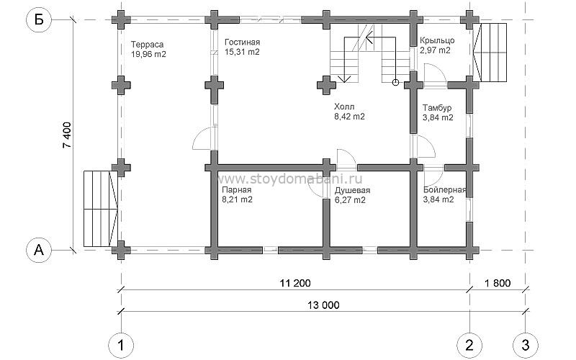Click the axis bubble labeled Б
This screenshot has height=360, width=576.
[x=39, y=19]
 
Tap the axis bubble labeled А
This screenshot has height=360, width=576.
[x=39, y=250]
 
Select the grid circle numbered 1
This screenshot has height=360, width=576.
[x=121, y=346]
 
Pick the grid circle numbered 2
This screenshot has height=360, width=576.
[x=469, y=346]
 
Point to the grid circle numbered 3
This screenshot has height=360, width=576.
[x=526, y=346]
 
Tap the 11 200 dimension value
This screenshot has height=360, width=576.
[x=295, y=283]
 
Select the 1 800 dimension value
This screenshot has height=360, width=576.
[x=498, y=283]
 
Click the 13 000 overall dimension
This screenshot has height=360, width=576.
[x=324, y=305]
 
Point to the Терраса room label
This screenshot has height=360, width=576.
[x=148, y=45]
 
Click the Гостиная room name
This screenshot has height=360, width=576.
[x=243, y=42]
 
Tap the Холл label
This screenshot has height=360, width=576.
[x=344, y=107]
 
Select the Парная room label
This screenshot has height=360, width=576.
[x=237, y=190]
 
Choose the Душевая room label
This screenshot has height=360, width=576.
[x=352, y=190]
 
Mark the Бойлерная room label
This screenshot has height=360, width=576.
[x=444, y=190]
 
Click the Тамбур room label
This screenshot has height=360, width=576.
[x=437, y=108]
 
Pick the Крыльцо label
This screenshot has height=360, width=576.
[x=437, y=40]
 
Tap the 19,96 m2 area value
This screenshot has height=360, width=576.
[x=148, y=55]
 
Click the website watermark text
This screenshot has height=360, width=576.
[x=290, y=179]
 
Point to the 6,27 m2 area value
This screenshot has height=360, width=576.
[x=350, y=200]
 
